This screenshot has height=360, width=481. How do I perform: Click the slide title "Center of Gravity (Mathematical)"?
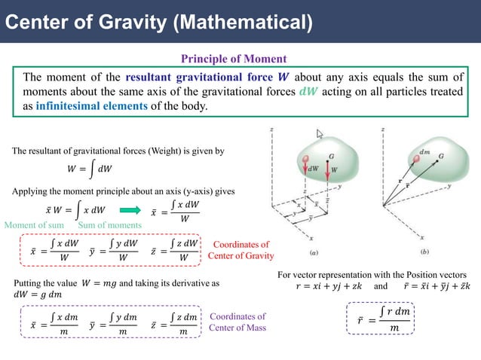coord(158,20)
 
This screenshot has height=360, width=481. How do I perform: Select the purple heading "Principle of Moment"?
coord(234,58)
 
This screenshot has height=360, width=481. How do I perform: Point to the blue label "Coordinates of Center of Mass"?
coord(237,322)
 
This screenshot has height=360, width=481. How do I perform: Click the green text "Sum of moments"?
coord(109,225)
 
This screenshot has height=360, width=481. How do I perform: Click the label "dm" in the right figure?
coord(424,151)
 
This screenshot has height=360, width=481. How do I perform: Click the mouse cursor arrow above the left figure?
coord(320,135)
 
